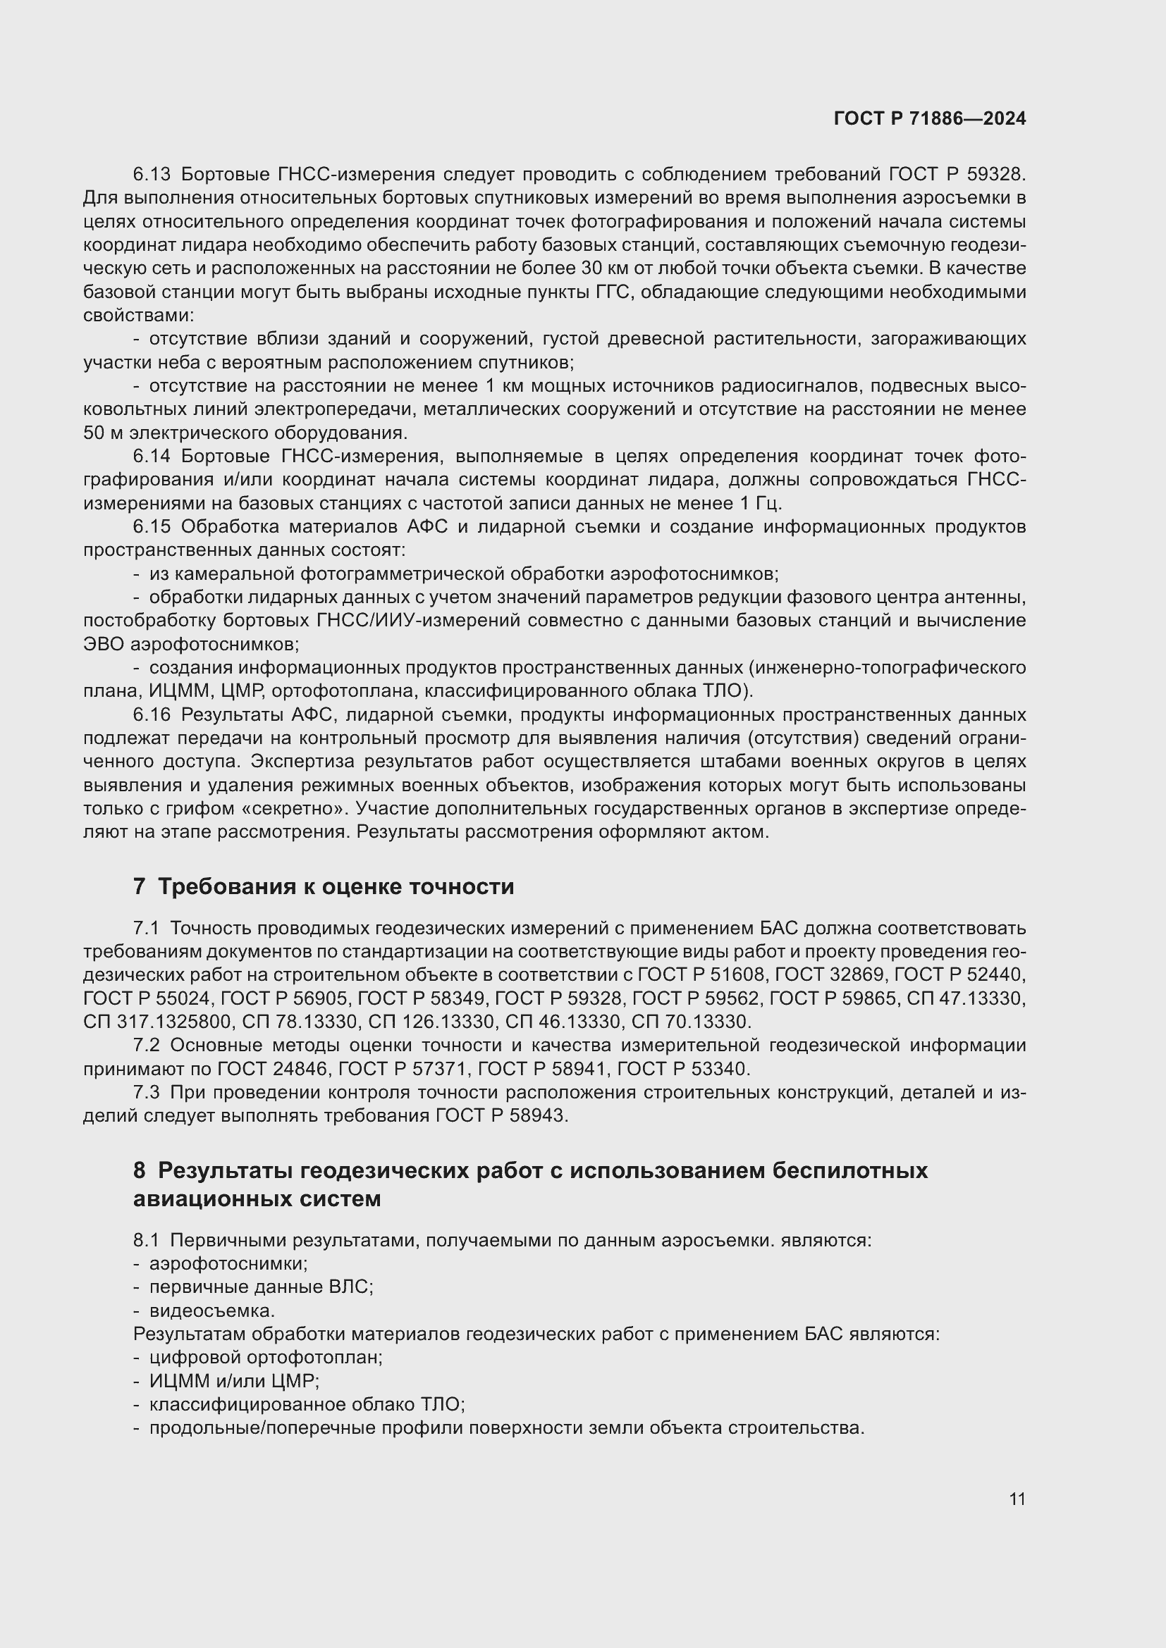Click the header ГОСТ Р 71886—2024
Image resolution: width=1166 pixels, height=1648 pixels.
pos(930,119)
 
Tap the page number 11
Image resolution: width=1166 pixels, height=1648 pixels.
pos(1017,1499)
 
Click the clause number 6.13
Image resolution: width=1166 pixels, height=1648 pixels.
pos(152,175)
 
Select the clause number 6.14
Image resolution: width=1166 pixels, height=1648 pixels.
pos(152,457)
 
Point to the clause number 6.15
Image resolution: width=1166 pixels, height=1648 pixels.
pos(152,527)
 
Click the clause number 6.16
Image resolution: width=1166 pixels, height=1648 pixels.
pos(152,715)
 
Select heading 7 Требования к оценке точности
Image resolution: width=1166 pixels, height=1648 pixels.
pos(323,887)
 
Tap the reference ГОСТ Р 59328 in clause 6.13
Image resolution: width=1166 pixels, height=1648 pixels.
pos(957,175)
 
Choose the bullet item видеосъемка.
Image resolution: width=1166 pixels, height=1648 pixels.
pos(211,1311)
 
